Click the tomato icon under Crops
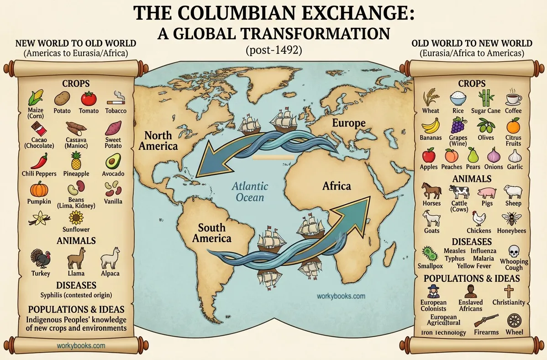tap(89, 98)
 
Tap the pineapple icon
tap(76, 161)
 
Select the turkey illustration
tap(41, 259)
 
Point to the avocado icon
tap(113, 161)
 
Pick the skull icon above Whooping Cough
tap(514, 251)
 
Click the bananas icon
tap(430, 125)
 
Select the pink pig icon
tap(486, 192)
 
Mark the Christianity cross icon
tap(509, 291)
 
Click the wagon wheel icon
tap(515, 320)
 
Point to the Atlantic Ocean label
tap(250, 192)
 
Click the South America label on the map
tap(212, 233)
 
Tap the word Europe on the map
tap(349, 123)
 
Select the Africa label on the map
tap(337, 186)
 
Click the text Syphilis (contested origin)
tap(76, 295)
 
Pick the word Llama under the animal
tap(75, 273)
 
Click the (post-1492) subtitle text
tap(273, 50)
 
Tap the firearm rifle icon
tap(486, 320)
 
